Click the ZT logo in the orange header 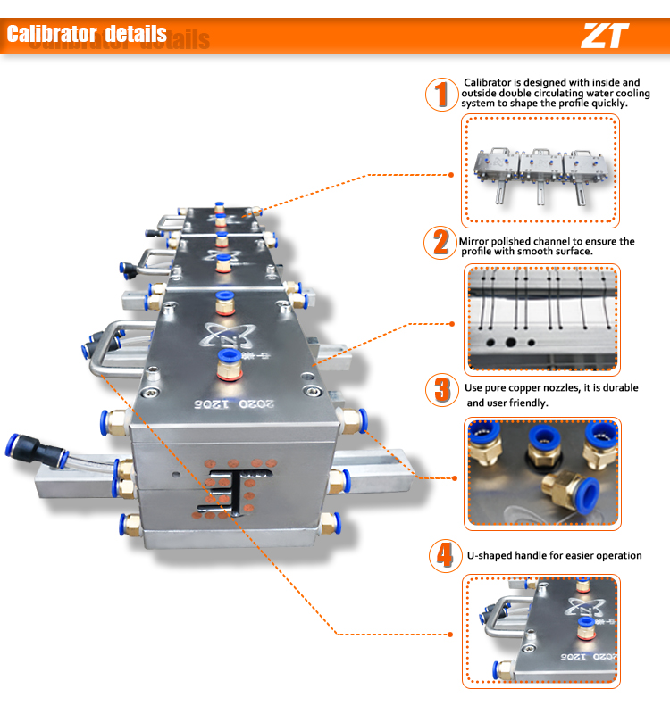605,36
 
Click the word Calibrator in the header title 52,35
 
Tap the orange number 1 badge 440,94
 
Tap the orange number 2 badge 440,243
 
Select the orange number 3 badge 440,390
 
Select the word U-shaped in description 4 493,555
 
